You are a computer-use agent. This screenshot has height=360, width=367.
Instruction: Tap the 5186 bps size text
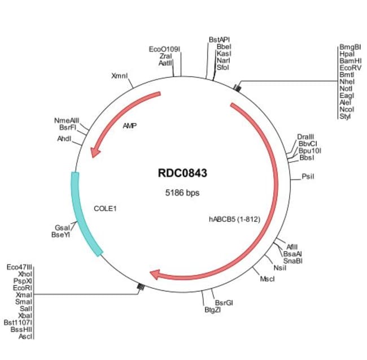pos(182,193)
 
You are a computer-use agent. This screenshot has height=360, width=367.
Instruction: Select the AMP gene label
pos(130,126)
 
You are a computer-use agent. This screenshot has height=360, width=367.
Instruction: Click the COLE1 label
pos(105,209)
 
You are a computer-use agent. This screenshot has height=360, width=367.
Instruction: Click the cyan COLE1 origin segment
pos(84,215)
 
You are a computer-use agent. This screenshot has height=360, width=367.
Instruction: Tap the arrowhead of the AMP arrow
pos(96,151)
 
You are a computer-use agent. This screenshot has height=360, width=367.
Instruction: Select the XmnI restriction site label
pos(120,75)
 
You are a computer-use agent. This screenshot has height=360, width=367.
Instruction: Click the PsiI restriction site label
pos(307,177)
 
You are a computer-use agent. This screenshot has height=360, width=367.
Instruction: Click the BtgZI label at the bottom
pos(212,310)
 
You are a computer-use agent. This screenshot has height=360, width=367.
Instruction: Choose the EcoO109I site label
pos(164,50)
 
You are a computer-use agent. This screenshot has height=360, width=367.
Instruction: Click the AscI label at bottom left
pos(25,336)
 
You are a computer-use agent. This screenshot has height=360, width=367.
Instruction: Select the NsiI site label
pos(279,267)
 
